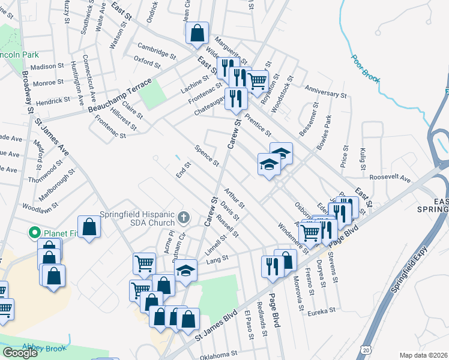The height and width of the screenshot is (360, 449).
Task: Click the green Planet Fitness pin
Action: [35, 233]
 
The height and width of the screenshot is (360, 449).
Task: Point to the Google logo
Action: [20, 353]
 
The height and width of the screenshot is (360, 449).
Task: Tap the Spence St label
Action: [207, 155]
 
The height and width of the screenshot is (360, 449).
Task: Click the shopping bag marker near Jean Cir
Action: [197, 34]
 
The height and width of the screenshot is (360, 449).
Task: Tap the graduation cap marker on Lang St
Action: [186, 271]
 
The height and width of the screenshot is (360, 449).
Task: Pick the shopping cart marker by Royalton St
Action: [258, 81]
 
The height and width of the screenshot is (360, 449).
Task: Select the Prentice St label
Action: [258, 124]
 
